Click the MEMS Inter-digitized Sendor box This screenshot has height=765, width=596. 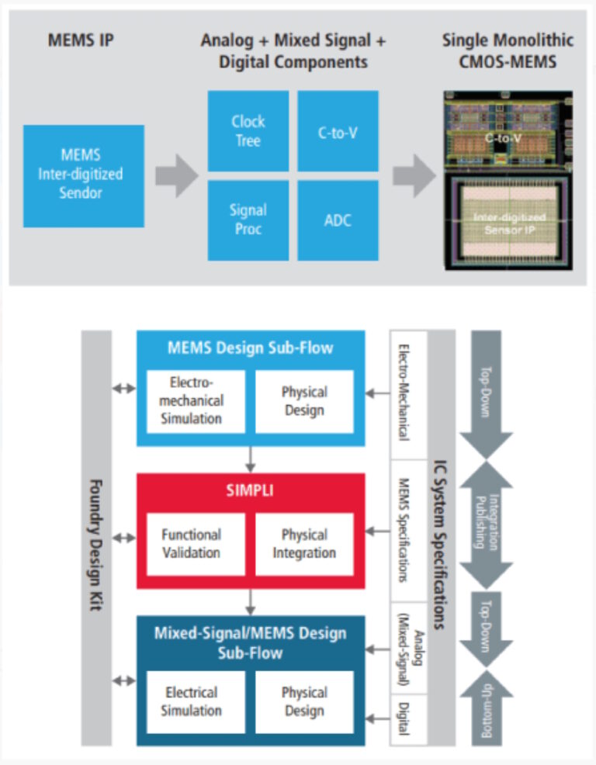[x=83, y=176]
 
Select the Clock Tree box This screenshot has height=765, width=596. [x=248, y=131]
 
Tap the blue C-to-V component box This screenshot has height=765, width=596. [x=338, y=131]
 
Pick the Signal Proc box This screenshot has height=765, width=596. [x=248, y=220]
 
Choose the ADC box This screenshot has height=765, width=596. [x=338, y=220]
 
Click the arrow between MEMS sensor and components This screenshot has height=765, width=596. [x=176, y=175]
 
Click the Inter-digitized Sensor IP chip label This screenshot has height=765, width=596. [x=509, y=223]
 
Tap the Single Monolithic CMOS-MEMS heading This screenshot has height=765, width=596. [x=508, y=50]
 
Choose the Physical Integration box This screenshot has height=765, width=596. [x=304, y=544]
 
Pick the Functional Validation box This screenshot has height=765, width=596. [x=191, y=544]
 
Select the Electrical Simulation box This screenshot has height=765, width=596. [x=191, y=701]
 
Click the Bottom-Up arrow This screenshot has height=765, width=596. [x=486, y=708]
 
